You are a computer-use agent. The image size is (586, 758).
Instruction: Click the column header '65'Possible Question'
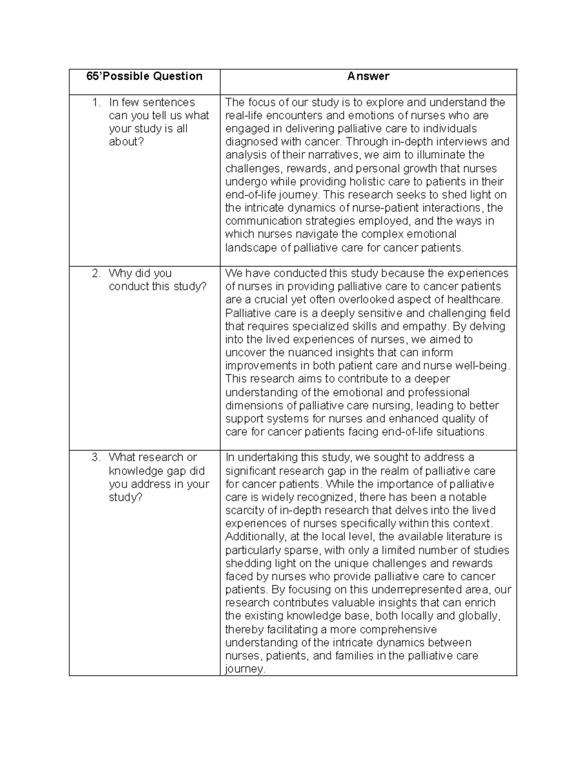coord(144,76)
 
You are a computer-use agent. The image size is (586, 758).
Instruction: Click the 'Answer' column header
coord(368,76)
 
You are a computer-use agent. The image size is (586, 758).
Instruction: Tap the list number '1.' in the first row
coord(97,102)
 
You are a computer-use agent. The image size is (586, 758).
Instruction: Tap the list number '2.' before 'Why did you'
coord(97,273)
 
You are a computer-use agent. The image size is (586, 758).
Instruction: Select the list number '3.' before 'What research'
coord(97,458)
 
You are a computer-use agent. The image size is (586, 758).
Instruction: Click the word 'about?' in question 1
coord(126,142)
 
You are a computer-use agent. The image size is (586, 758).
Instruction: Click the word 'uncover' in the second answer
coord(245,353)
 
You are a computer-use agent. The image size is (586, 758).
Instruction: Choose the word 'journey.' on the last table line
coord(245,669)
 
